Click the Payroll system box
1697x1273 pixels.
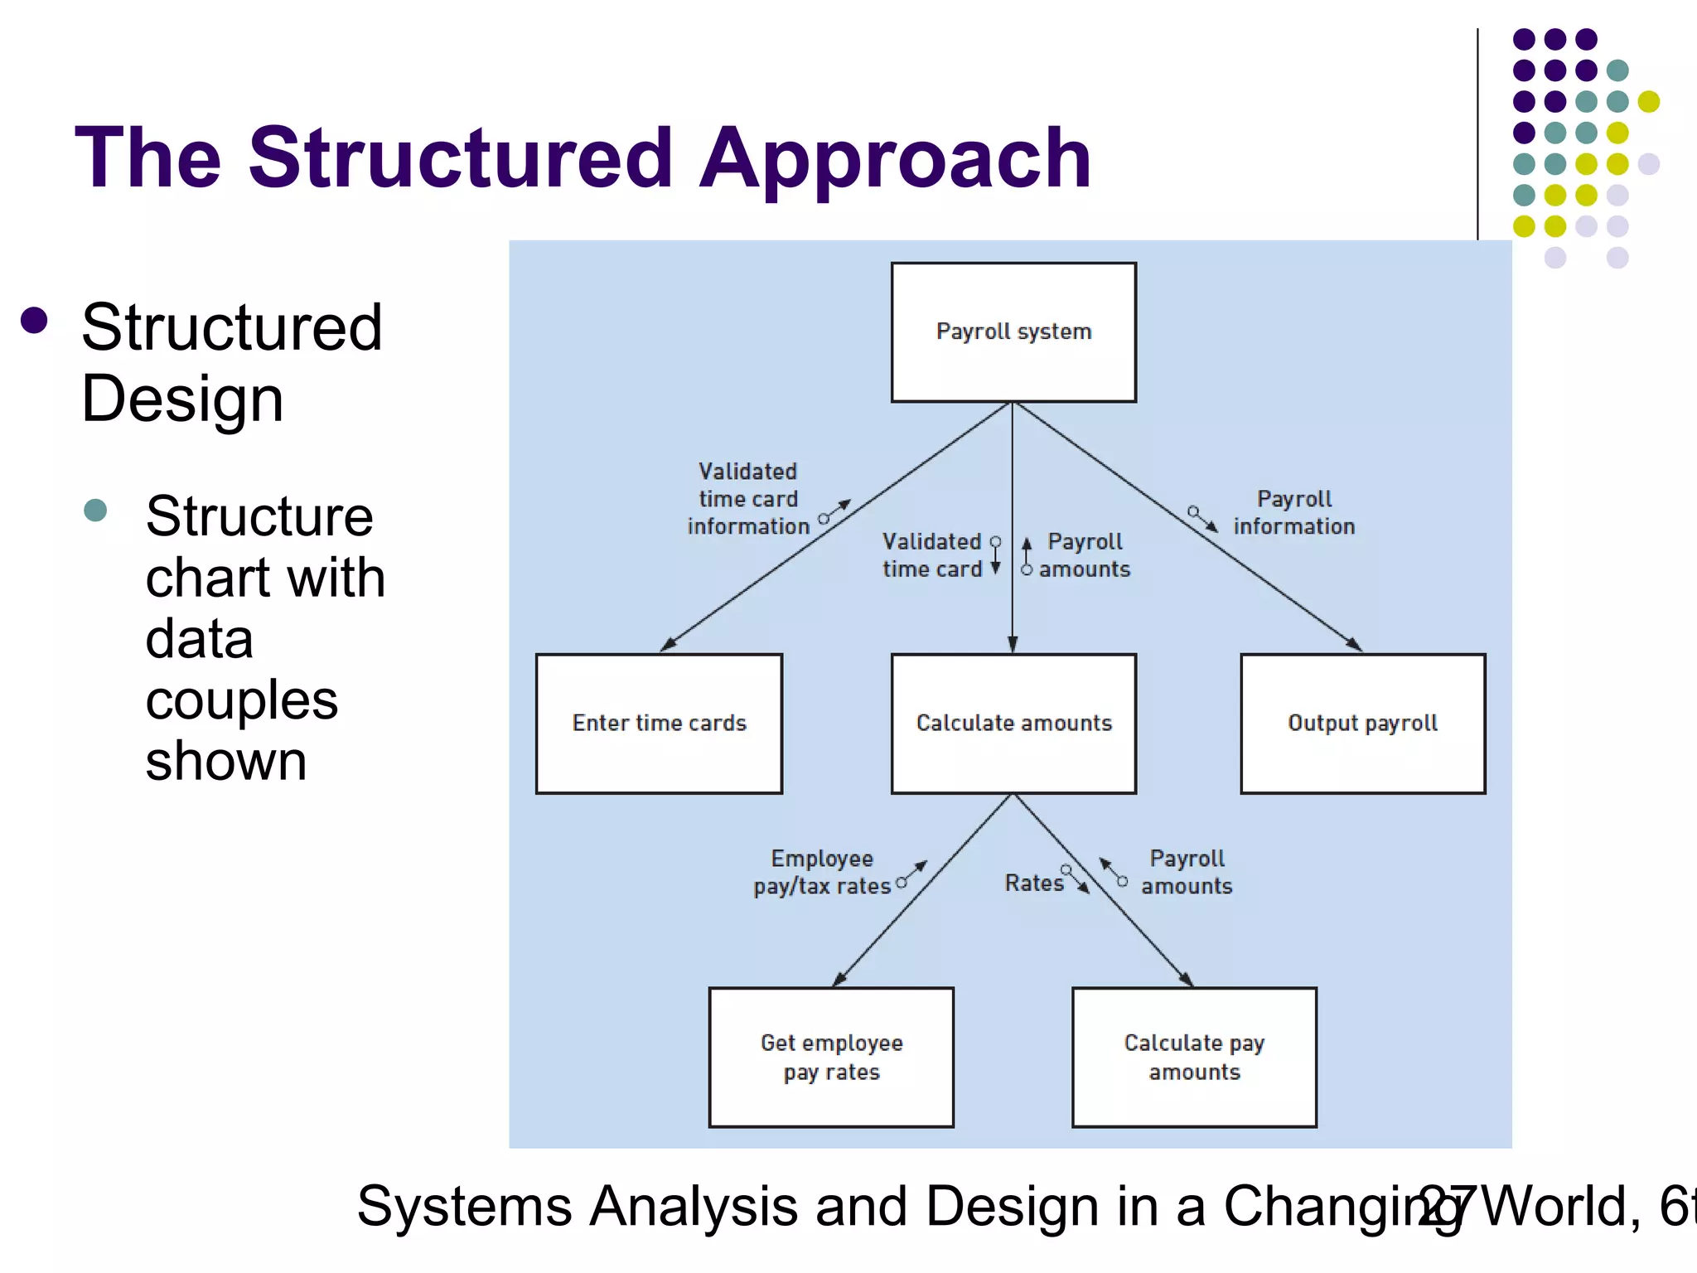click(x=1013, y=332)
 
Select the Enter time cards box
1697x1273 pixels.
click(x=659, y=724)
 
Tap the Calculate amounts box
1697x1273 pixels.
click(x=1013, y=724)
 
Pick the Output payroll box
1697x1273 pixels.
click(x=1362, y=724)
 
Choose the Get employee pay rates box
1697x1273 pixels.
click(x=831, y=1057)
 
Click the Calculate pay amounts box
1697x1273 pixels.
click(x=1194, y=1057)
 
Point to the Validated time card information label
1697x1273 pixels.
click(x=747, y=499)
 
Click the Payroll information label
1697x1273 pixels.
click(x=1293, y=512)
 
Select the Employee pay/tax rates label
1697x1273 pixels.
click(x=822, y=872)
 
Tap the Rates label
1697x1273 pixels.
click(x=1033, y=883)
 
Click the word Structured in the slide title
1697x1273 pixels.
click(x=460, y=157)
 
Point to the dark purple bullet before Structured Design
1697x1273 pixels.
click(x=34, y=321)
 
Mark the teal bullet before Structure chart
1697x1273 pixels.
click(x=95, y=510)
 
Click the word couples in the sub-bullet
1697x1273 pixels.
click(x=241, y=700)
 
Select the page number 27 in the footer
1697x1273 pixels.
click(x=1446, y=1206)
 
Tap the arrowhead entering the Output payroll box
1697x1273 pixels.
click(x=1356, y=646)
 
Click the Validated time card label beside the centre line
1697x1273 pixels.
click(x=931, y=555)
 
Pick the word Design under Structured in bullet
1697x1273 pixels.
click(x=182, y=399)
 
